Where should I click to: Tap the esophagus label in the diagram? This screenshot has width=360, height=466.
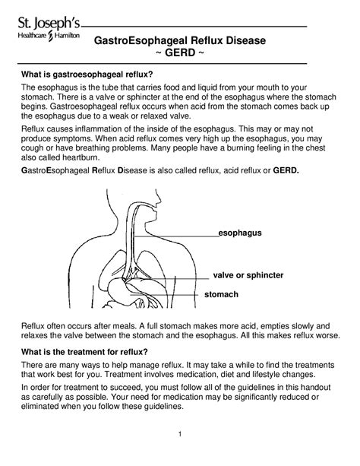(x=240, y=232)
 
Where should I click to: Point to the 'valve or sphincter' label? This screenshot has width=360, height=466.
(x=248, y=274)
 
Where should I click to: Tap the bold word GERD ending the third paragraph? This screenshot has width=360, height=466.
(x=286, y=172)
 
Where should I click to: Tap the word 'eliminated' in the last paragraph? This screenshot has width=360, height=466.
(x=43, y=406)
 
